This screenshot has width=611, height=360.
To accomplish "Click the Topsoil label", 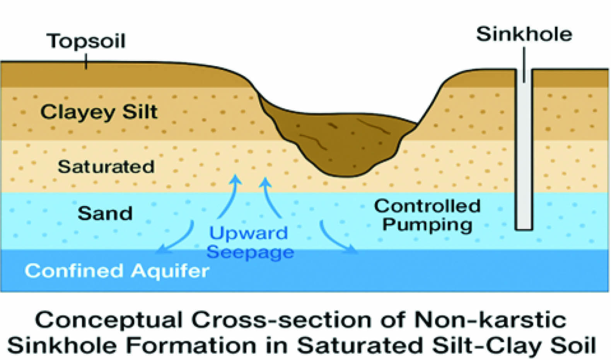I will pos(86,41).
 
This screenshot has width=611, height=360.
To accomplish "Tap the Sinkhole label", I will pos(524,34).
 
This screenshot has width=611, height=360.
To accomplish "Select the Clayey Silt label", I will pos(99,112).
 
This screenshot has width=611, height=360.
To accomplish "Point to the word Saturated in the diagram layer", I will pos(106,167).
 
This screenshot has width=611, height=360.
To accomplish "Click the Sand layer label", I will pos(105,213).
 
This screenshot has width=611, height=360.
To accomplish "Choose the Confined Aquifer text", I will pos(117,271).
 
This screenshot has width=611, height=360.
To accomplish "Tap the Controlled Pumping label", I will pos(427,215).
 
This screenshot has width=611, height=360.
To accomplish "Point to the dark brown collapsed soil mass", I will pos(336,143).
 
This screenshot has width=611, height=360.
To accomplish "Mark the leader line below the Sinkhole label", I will pos(524,64).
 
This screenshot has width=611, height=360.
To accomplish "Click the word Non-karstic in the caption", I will pos(490,320).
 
